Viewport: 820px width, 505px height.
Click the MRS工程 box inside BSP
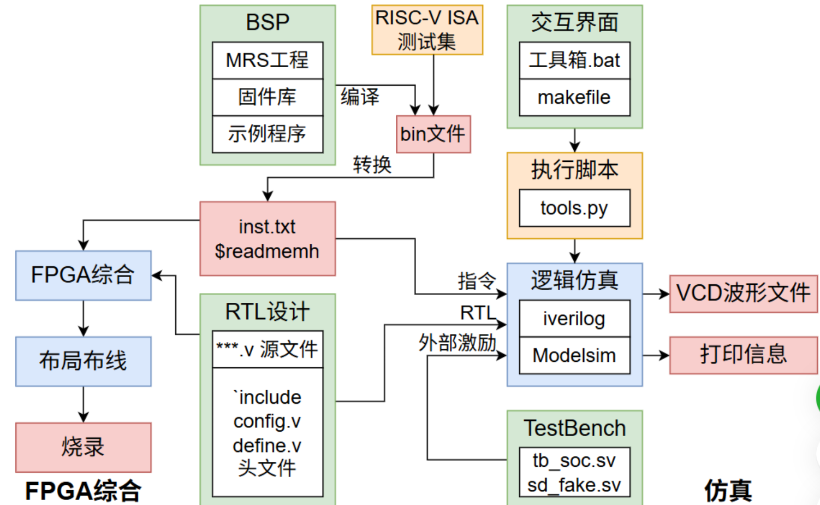(268, 60)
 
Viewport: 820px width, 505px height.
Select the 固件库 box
(268, 97)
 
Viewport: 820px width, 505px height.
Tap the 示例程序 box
(268, 134)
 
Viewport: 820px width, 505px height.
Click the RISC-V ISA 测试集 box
(427, 30)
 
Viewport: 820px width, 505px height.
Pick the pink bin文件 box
(433, 134)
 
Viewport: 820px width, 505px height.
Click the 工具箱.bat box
(574, 60)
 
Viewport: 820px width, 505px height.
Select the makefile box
(574, 98)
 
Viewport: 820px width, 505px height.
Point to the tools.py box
(574, 208)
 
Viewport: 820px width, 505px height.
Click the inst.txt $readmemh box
(268, 239)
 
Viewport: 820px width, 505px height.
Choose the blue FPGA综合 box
(83, 275)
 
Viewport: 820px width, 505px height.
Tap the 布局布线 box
(83, 361)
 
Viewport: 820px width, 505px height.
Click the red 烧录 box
(83, 447)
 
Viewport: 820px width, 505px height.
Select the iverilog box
(574, 319)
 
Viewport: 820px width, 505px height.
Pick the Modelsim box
(574, 356)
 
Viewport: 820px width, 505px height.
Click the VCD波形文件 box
(743, 293)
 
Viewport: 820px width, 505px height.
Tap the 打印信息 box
(743, 355)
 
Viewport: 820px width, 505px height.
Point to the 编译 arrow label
(360, 97)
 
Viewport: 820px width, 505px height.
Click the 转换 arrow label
(372, 165)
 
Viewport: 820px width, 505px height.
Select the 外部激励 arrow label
(457, 343)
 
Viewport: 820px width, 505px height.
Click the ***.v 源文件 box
(268, 349)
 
